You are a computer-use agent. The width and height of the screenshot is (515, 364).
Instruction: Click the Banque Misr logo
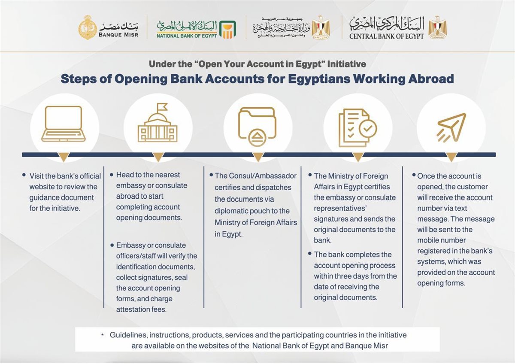pyautogui.click(x=109, y=28)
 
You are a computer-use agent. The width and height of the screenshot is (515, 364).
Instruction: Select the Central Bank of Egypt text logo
pyautogui.click(x=386, y=28)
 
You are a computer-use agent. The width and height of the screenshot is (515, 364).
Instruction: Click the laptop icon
pyautogui.click(x=64, y=124)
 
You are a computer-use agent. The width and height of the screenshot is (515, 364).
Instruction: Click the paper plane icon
pyautogui.click(x=451, y=127)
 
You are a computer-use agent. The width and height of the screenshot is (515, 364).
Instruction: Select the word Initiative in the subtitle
pyautogui.click(x=346, y=64)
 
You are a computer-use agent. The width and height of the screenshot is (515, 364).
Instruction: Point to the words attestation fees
pyautogui.click(x=141, y=309)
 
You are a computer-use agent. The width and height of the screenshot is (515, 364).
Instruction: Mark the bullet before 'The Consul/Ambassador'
pyautogui.click(x=211, y=176)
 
